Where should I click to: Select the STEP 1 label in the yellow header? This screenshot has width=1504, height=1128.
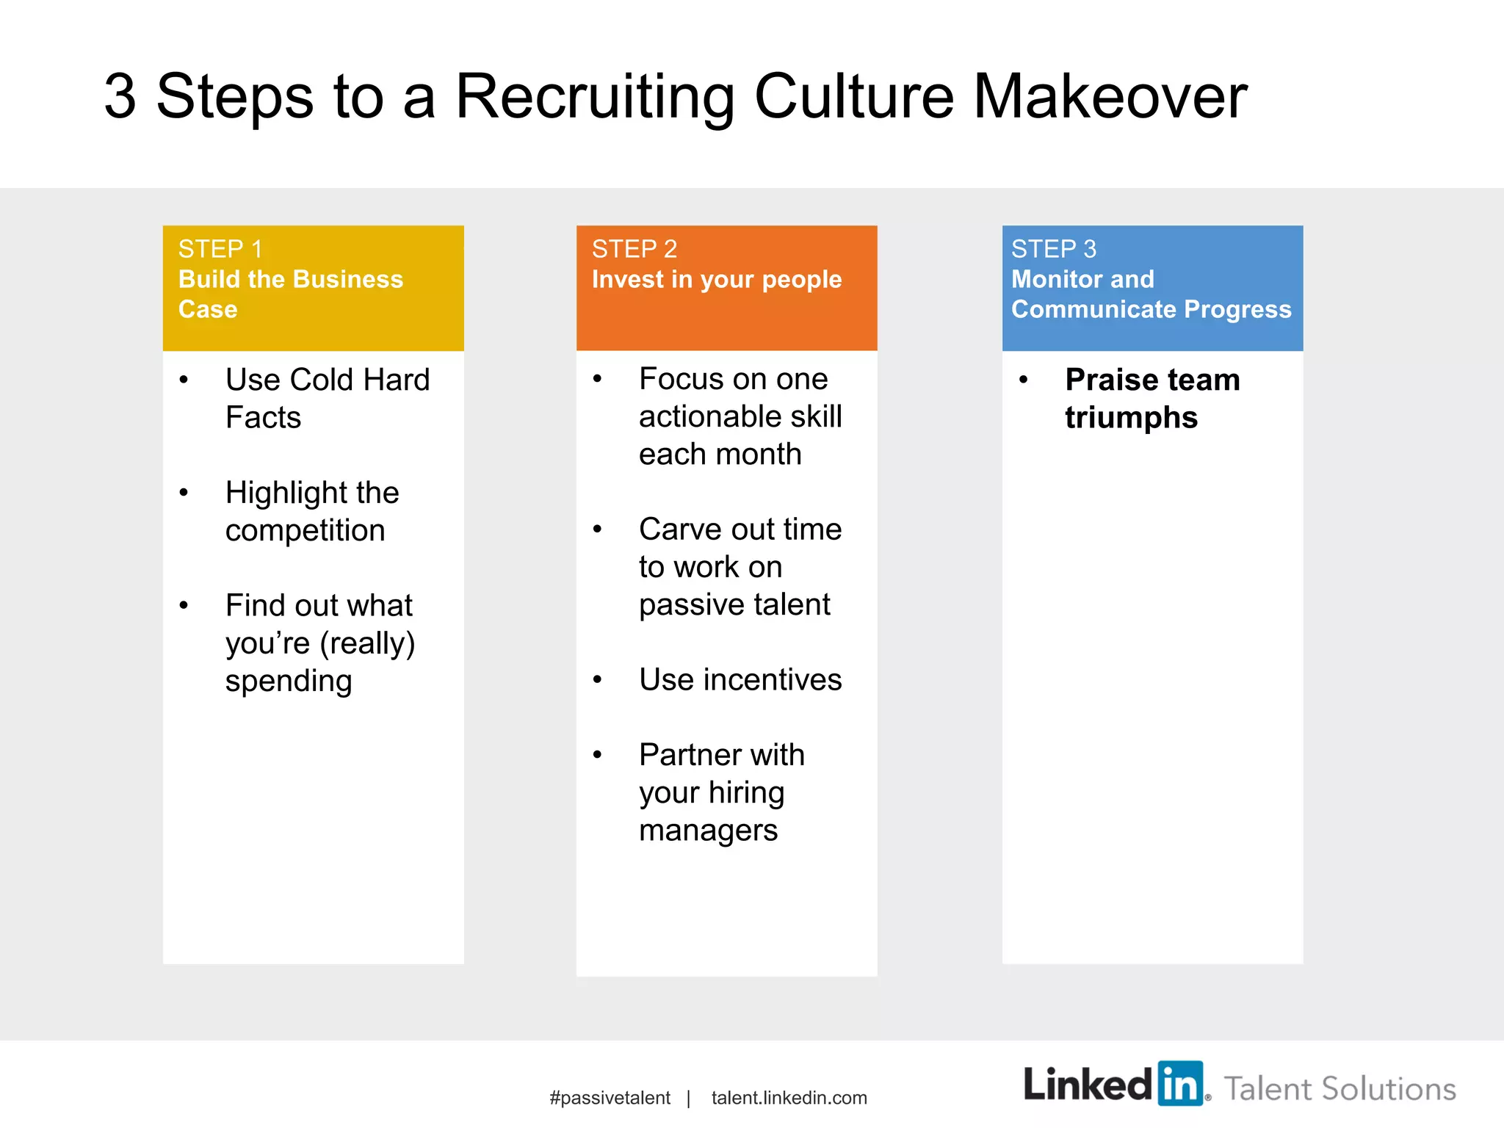tap(220, 249)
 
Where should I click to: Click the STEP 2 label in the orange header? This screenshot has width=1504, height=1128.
tap(634, 249)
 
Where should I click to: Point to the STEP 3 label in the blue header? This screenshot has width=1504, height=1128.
tap(1053, 249)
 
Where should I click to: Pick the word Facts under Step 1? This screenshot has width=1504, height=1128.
tap(263, 417)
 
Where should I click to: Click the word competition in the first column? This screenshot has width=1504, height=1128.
tap(305, 530)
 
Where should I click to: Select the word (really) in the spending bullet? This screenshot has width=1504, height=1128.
tap(367, 643)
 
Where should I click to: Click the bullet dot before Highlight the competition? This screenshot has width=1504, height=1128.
tap(184, 493)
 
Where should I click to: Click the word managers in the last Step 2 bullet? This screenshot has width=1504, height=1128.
tap(708, 830)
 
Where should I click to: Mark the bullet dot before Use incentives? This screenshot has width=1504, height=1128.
tap(598, 680)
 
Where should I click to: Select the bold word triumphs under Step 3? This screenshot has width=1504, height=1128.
tap(1131, 417)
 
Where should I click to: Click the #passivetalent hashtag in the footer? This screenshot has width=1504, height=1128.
tap(610, 1098)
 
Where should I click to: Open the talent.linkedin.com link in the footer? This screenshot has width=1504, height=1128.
tap(789, 1098)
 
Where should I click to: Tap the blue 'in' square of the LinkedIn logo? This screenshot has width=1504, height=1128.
tap(1180, 1083)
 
